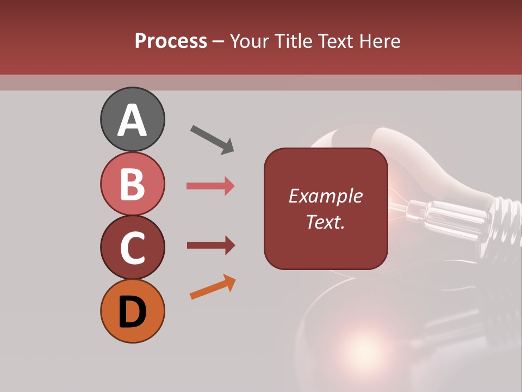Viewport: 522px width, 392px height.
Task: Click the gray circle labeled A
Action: coord(132,119)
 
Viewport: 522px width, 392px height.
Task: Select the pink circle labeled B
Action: coord(132,183)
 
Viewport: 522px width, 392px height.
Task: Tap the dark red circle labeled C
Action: coord(132,247)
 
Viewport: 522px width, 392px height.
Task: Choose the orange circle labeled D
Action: coord(132,311)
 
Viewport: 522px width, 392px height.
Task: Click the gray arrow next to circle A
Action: coord(212,139)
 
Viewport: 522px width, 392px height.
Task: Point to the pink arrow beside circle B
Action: coord(210,186)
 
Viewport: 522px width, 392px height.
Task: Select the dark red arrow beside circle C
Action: coord(210,246)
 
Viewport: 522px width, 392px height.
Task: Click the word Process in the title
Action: coord(171,41)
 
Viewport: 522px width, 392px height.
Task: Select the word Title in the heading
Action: coord(292,41)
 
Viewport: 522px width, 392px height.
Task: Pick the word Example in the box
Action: coord(325,196)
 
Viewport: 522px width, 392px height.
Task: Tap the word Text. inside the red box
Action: coord(325,222)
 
